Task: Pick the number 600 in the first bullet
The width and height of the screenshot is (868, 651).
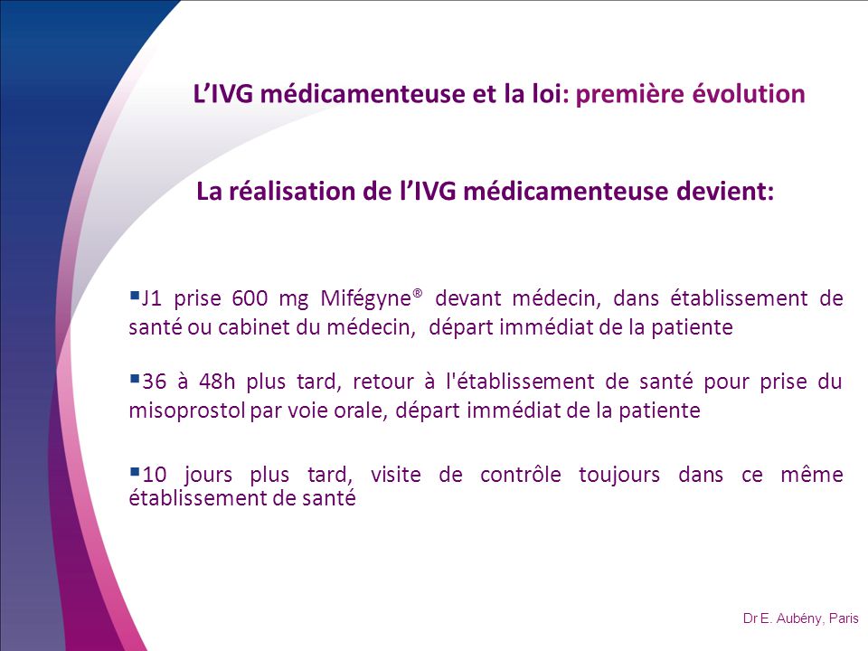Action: pyautogui.click(x=250, y=298)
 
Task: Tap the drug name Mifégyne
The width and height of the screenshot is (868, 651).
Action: pyautogui.click(x=366, y=299)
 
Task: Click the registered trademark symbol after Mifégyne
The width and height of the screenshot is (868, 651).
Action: pyautogui.click(x=418, y=292)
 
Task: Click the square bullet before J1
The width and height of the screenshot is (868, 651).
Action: pyautogui.click(x=134, y=295)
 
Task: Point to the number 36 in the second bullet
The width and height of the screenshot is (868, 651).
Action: pyautogui.click(x=155, y=382)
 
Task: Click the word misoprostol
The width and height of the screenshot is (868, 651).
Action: pyautogui.click(x=187, y=411)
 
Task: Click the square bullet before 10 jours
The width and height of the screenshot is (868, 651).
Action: pyautogui.click(x=134, y=472)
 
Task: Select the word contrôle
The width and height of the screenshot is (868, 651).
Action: pyautogui.click(x=521, y=475)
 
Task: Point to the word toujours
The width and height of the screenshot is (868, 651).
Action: pyautogui.click(x=619, y=476)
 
